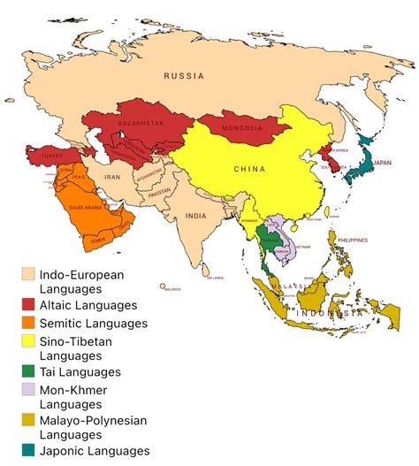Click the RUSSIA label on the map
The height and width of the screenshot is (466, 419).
[x=184, y=77]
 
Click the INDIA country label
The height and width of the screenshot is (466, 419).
[x=196, y=216]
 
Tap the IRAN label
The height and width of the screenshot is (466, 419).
[x=113, y=177]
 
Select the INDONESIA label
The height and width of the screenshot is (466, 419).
[x=329, y=314]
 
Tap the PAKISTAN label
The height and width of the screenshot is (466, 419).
[x=159, y=193]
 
